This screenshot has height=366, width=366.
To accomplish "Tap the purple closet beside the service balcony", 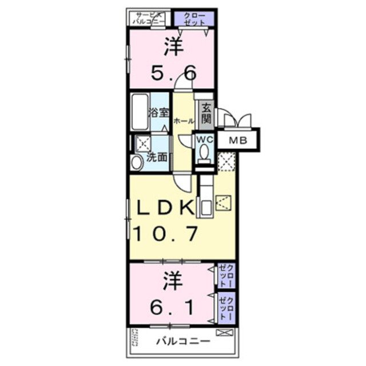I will pos(194,18).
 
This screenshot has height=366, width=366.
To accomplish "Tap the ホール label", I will pos(183,121).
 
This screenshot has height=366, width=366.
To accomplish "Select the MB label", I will pos(238,141).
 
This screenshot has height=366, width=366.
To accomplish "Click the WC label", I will pos(205,138).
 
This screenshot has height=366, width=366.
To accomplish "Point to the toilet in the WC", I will pos(204,152).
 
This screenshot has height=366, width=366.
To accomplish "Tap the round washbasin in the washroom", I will pos(137,162).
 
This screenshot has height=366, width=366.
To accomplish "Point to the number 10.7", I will pos(166,233).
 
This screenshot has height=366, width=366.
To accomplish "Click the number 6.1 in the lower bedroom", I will pos(172,308).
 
